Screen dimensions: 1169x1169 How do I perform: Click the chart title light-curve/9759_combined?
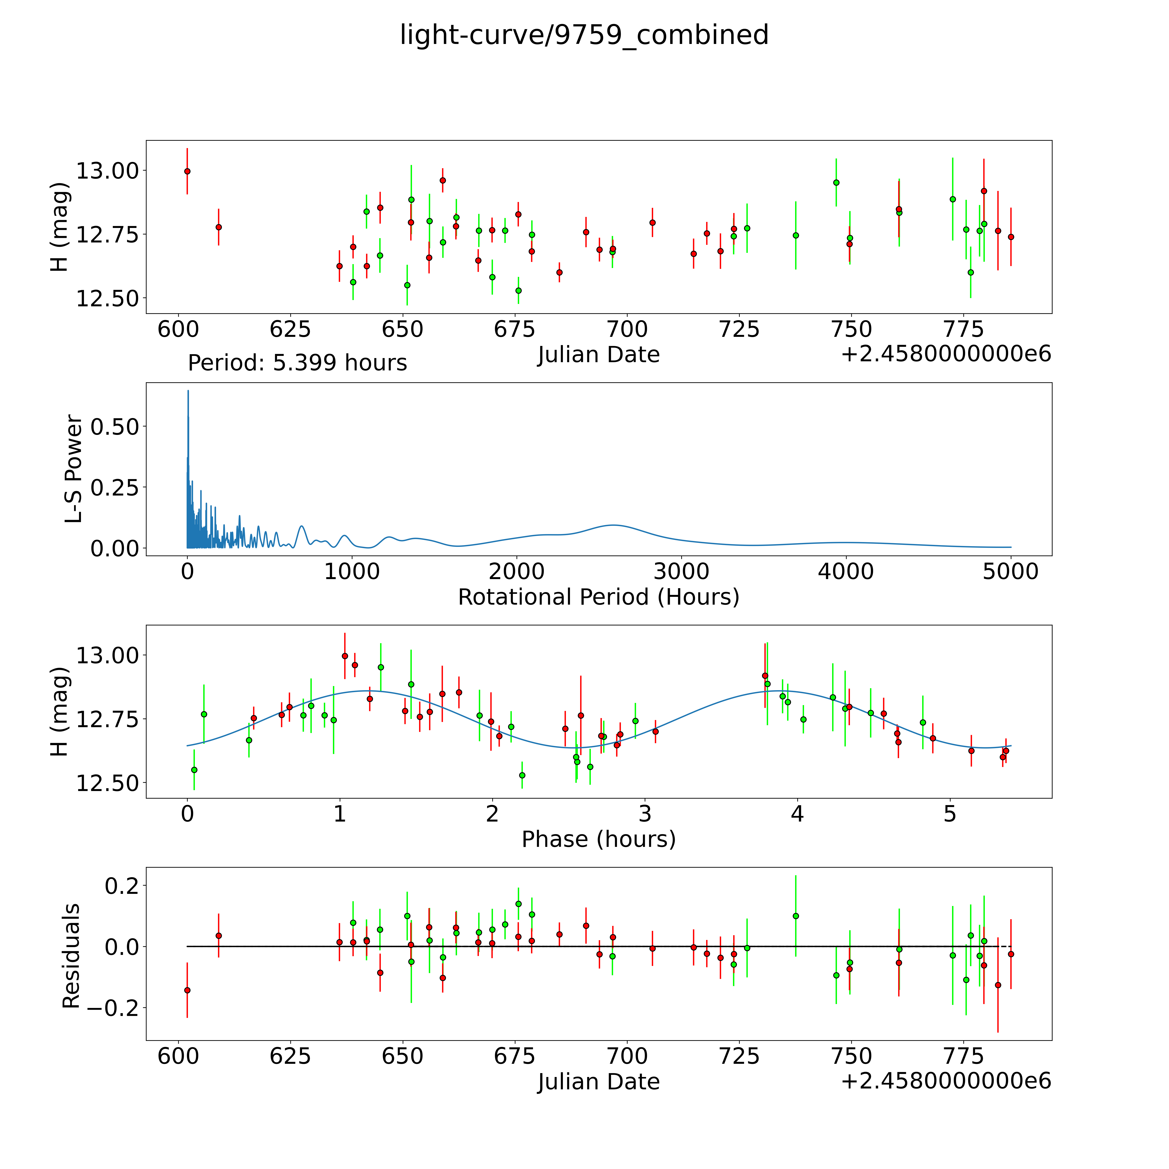coord(584,35)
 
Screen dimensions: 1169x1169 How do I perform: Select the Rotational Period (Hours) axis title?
coord(598,597)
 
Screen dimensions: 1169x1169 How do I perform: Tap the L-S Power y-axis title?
coord(73,469)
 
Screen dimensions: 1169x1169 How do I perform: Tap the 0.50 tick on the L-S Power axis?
coord(115,426)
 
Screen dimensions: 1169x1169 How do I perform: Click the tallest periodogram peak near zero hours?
coord(188,391)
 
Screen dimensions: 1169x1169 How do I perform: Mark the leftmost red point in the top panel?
coord(187,171)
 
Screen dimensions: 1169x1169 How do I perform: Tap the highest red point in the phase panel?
coord(345,656)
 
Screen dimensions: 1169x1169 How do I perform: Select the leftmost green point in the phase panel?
coord(194,770)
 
